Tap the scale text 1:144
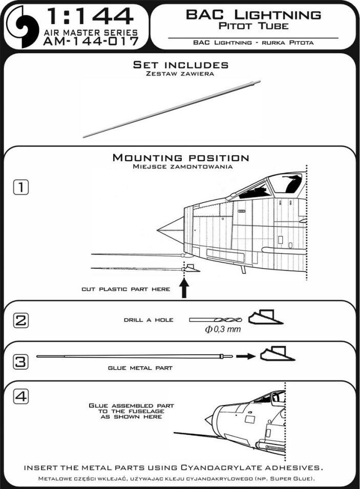(x=90, y=16)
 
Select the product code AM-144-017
(x=91, y=41)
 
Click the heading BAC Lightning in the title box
(x=253, y=15)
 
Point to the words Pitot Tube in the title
(x=253, y=26)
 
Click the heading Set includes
(x=181, y=65)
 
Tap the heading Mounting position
(x=181, y=158)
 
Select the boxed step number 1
(x=21, y=187)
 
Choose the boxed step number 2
(x=21, y=321)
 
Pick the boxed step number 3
(x=21, y=362)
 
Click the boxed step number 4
(x=21, y=397)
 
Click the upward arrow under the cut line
(x=184, y=288)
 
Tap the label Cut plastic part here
(x=126, y=289)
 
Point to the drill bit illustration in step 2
(x=216, y=320)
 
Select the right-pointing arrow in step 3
(x=246, y=356)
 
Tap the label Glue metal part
(x=140, y=368)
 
